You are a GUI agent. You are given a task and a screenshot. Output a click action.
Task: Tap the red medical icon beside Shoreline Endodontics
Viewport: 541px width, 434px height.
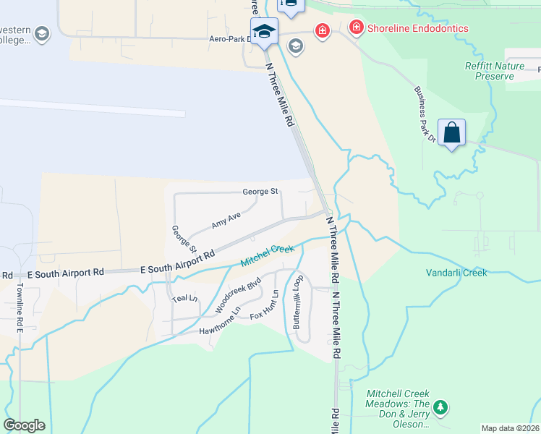pos(356,28)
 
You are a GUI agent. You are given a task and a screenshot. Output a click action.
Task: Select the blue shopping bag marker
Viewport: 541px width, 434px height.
pos(451,133)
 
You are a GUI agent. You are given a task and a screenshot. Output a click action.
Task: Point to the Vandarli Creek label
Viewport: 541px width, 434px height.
pos(456,273)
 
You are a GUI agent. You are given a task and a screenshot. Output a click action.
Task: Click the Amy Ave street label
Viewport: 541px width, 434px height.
pos(226,221)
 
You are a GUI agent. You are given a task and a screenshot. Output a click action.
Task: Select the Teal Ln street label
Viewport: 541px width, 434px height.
pos(184,297)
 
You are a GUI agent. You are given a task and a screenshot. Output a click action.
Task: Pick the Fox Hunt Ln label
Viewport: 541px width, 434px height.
pos(265,306)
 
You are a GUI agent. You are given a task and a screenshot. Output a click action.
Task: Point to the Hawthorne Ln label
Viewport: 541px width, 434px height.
pos(220,327)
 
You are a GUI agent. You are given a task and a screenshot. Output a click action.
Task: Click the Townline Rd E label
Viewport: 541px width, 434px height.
pos(20,307)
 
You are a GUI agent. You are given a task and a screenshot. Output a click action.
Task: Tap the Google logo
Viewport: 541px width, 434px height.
pos(24,425)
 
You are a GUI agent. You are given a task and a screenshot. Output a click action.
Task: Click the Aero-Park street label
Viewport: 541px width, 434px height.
pos(229,39)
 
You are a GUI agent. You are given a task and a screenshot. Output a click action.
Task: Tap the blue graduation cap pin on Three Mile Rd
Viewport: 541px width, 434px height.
pos(263,31)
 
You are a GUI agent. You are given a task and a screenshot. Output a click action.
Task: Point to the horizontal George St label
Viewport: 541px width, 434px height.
pos(260,192)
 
